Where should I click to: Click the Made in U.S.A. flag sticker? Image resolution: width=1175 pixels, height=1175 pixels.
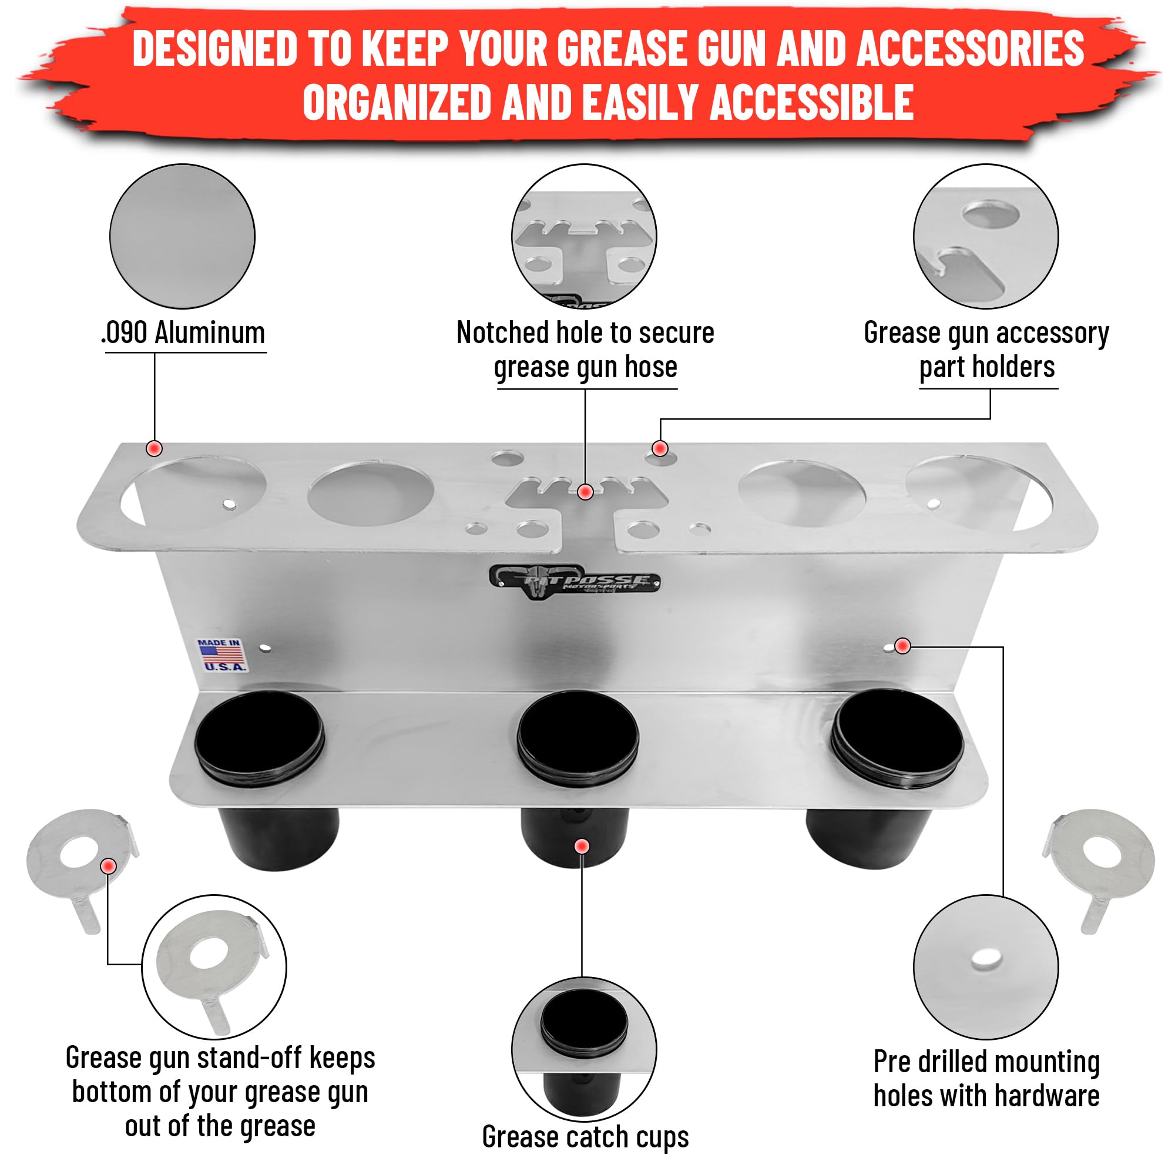(222, 655)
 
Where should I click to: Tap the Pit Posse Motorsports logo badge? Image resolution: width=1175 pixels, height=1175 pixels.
(575, 581)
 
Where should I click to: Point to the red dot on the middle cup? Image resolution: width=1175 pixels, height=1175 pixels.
(582, 847)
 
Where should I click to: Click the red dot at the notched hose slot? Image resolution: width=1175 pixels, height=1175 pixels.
(585, 491)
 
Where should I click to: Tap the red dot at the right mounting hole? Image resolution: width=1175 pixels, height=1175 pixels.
(902, 646)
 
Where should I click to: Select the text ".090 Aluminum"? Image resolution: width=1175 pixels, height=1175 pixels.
(183, 333)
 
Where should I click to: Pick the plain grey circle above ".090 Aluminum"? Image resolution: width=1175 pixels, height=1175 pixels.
(183, 236)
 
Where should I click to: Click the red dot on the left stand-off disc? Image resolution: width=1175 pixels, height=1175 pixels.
(109, 866)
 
